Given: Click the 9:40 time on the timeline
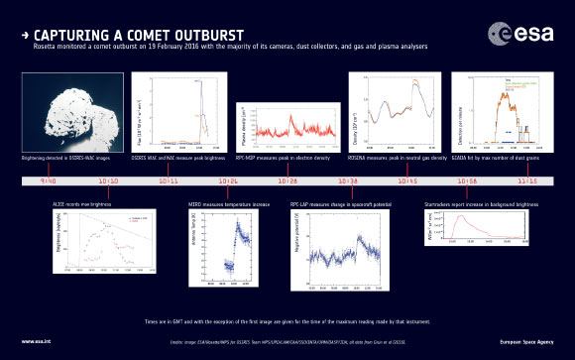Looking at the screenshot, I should point(48,182).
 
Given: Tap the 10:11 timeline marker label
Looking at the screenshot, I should point(169,182).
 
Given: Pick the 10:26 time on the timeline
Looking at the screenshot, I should point(228,182).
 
